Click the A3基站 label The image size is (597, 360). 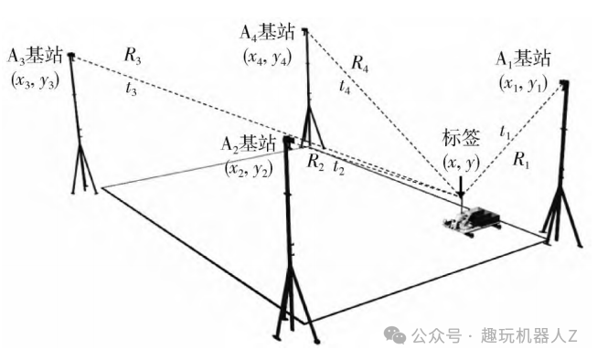pos(35,56)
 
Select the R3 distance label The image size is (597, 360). pos(133,56)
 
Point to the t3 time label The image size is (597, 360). pos(131,89)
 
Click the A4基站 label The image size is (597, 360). pos(267,32)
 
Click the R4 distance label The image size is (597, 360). pos(360,63)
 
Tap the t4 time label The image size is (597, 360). pos(345,87)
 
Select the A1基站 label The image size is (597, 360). pos(523,59)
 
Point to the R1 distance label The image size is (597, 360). pos(521,159)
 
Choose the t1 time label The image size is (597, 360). pos(505,132)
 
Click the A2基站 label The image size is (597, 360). pos(248,144)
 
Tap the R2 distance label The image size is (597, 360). pos(315,162)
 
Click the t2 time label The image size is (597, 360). pos(338,167)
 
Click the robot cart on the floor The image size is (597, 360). pos(472,221)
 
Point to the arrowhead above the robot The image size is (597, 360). pos(461,196)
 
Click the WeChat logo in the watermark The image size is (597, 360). pos(394,335)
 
